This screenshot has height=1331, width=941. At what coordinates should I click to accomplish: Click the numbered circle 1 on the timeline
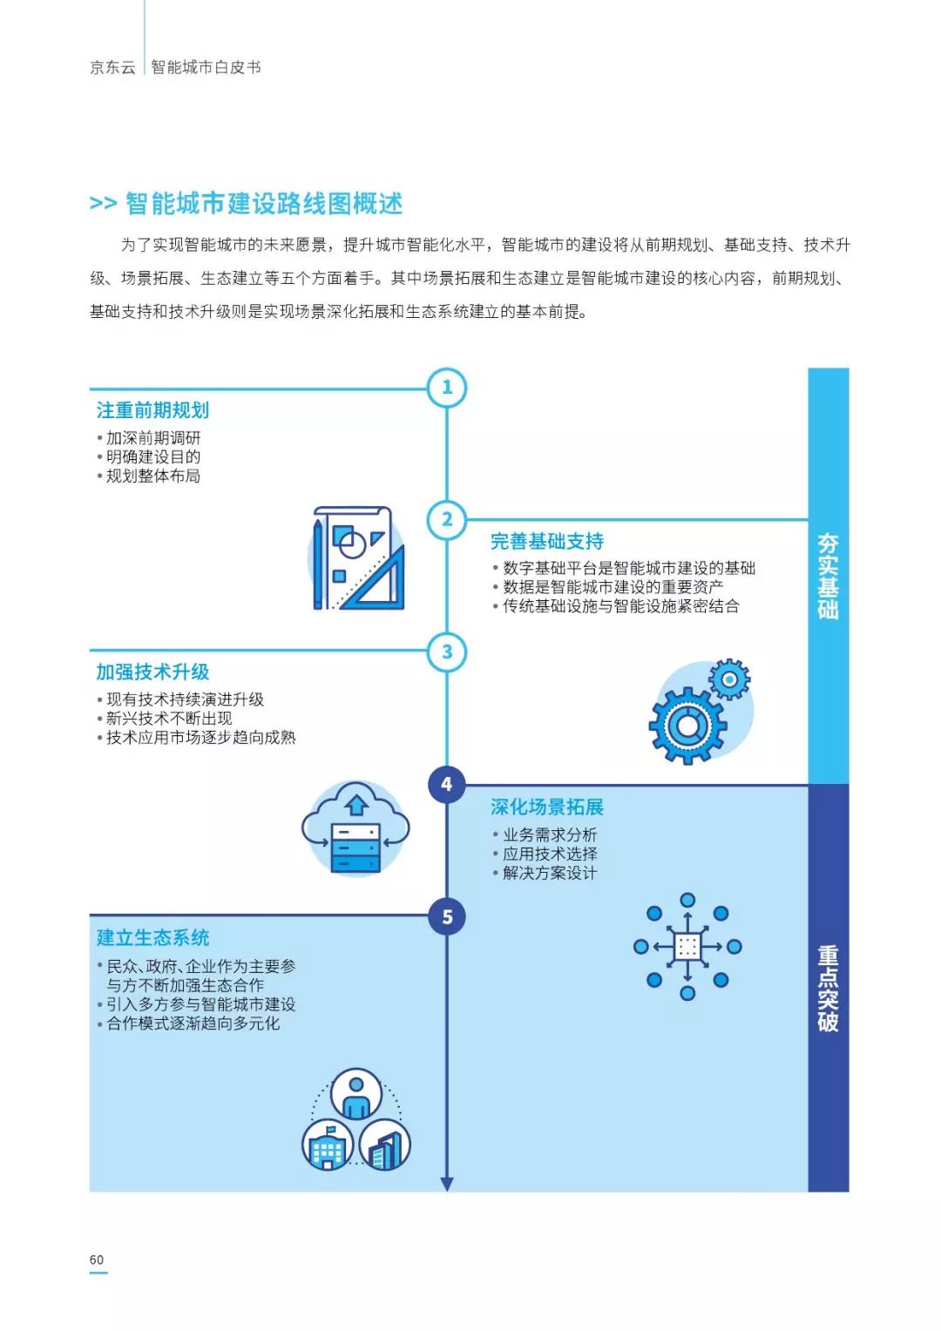click(447, 388)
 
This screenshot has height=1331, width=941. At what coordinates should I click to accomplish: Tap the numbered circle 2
click(447, 520)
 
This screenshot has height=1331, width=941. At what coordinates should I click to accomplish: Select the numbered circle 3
click(447, 652)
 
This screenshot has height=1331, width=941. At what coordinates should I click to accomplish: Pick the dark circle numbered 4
click(447, 784)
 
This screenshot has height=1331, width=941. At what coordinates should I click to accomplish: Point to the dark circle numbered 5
click(447, 916)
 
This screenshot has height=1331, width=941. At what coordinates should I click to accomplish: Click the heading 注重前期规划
click(152, 410)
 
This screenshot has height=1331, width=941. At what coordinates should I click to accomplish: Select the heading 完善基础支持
click(547, 542)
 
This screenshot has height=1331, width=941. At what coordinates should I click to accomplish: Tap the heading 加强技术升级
click(152, 672)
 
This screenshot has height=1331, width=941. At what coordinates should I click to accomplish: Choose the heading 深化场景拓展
click(547, 807)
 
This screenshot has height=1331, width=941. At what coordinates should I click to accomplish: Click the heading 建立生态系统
click(152, 938)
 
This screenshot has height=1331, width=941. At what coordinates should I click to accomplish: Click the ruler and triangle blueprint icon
click(358, 558)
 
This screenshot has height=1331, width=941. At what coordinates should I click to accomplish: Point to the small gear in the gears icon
click(729, 679)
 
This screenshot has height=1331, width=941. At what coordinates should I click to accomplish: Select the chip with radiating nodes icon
click(687, 947)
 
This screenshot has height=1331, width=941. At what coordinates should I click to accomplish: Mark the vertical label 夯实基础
click(828, 576)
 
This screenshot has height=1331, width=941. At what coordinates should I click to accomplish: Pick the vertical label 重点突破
click(828, 988)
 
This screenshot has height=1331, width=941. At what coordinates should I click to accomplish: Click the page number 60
click(97, 1260)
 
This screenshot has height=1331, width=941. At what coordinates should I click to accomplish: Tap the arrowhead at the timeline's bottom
click(447, 1184)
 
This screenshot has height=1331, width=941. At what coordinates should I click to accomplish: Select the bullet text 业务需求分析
click(550, 834)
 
